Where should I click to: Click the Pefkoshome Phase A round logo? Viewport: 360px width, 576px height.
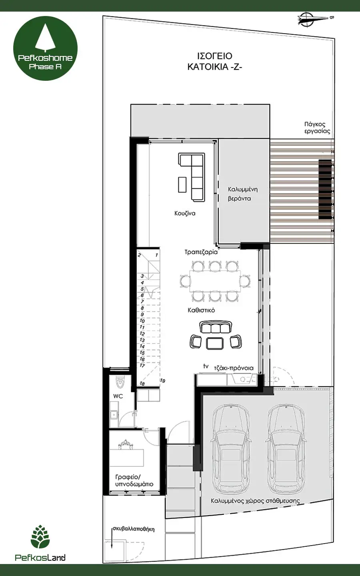coord(45,48)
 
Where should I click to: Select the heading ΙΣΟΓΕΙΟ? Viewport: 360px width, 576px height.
coord(215,56)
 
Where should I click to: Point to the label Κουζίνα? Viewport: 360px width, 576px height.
coord(185,214)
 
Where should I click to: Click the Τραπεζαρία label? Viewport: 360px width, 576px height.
coord(201,252)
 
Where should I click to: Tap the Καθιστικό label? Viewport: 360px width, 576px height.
coord(201,310)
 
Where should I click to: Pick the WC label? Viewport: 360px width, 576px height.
coord(118,396)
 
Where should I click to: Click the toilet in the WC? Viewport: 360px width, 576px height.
coord(120,382)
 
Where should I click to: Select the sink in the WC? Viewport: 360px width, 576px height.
coord(113,414)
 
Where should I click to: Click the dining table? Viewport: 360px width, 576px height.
coord(215,280)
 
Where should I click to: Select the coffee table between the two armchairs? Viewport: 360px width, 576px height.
coord(215,343)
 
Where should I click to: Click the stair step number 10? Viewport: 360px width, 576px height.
coord(142,321)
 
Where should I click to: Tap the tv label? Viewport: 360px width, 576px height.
coord(206,366)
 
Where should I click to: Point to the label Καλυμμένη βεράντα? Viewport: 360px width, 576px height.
coord(243,194)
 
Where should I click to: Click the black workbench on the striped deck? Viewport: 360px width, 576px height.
coord(325,189)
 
